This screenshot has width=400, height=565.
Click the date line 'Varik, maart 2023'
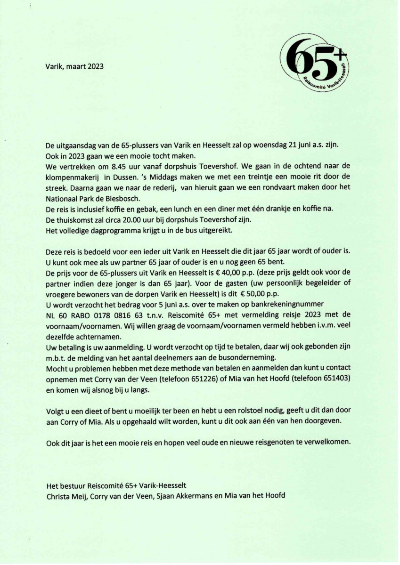pyautogui.click(x=74, y=66)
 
